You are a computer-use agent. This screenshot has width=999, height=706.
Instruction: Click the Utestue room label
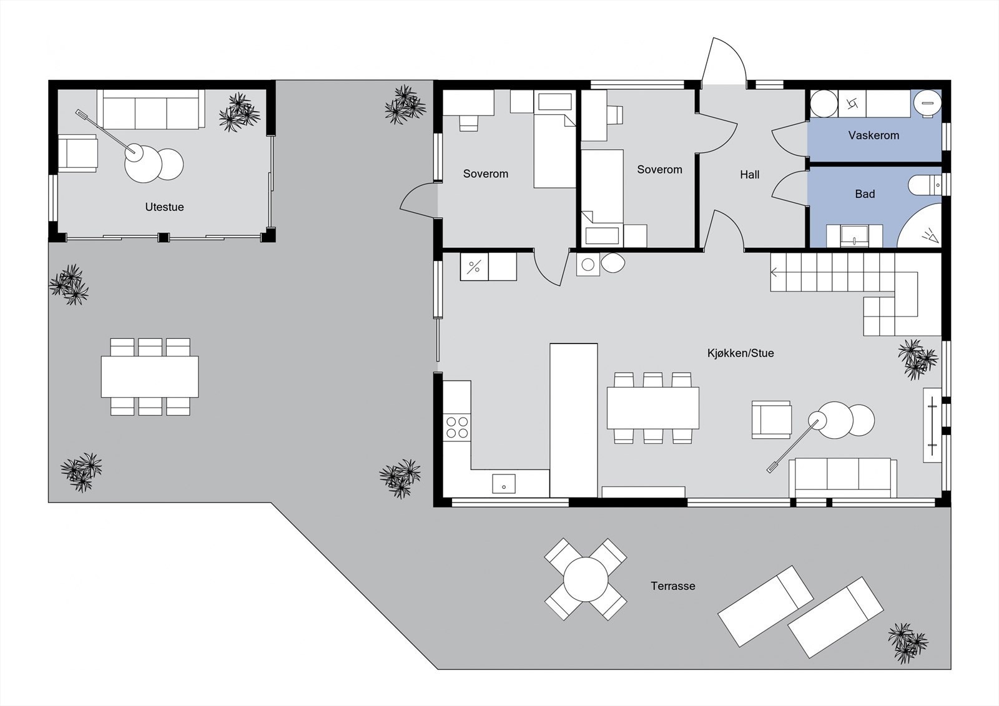tap(164, 207)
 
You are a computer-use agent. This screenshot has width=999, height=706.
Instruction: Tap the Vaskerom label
tap(874, 135)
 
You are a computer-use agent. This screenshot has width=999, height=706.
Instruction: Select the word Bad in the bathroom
tap(865, 194)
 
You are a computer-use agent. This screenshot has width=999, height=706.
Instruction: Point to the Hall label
tap(749, 175)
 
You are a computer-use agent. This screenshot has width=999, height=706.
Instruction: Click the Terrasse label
tap(672, 586)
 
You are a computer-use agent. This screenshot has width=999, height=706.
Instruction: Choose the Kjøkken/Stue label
tap(741, 353)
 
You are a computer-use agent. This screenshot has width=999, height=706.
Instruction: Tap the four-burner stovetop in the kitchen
tap(457, 427)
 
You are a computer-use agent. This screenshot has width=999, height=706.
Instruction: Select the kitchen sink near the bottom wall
tap(503, 483)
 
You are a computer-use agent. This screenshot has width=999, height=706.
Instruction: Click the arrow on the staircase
tap(775, 272)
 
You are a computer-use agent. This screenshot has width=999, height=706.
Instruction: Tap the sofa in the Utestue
tap(150, 110)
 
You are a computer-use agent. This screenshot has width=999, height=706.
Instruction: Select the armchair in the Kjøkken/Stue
tap(771, 419)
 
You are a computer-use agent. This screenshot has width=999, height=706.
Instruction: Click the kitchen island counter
tap(573, 419)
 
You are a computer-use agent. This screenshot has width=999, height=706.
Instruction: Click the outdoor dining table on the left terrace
tap(150, 376)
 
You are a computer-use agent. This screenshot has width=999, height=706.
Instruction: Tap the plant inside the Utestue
tap(239, 113)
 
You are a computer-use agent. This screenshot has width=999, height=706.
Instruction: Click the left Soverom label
tap(485, 174)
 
